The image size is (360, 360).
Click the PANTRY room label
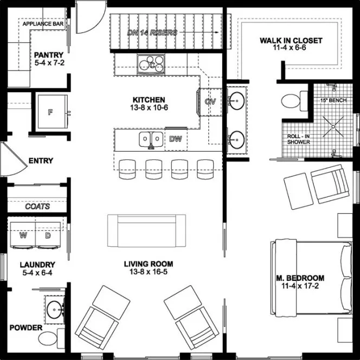click(49, 55)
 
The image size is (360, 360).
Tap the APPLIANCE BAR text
click(43, 24)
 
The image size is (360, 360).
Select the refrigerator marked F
click(51, 112)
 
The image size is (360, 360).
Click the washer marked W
click(23, 236)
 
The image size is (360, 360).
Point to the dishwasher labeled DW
click(175, 139)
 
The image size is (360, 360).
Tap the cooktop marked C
click(152, 65)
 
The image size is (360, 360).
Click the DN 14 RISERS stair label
click(152, 33)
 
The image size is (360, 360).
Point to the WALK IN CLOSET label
click(291, 41)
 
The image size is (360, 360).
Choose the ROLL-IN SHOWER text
click(298, 139)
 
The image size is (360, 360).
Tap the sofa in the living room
click(146, 230)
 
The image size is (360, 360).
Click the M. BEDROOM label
click(300, 278)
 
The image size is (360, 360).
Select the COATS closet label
click(38, 207)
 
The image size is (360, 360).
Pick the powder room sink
click(54, 310)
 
